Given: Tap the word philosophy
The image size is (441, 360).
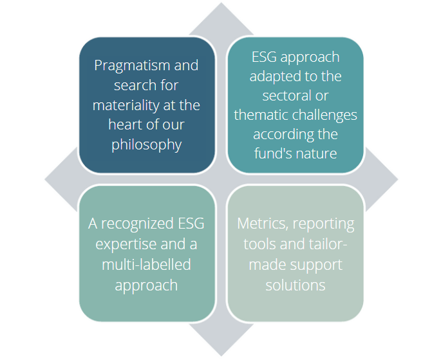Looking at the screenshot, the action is pyautogui.click(x=147, y=145).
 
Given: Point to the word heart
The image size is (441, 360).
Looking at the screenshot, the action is pyautogui.click(x=124, y=124).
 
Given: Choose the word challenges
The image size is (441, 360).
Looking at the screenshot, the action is pyautogui.click(x=324, y=115).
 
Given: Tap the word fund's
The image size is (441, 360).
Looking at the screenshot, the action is pyautogui.click(x=270, y=153).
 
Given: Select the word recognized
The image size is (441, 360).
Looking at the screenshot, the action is pyautogui.click(x=138, y=224).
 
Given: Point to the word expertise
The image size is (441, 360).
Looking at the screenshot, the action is pyautogui.click(x=122, y=245).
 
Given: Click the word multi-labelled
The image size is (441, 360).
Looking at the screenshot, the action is pyautogui.click(x=146, y=265).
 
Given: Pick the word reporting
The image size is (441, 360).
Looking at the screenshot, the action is pyautogui.click(x=323, y=225).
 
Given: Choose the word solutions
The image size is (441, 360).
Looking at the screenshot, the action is pyautogui.click(x=296, y=285).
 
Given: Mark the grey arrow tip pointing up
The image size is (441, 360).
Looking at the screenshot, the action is pyautogui.click(x=221, y=3).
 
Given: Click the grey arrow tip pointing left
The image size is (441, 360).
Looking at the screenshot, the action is pyautogui.click(x=45, y=179).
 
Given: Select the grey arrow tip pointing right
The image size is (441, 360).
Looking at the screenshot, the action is pyautogui.click(x=398, y=179).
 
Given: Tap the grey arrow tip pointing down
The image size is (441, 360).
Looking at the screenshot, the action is pyautogui.click(x=221, y=355).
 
